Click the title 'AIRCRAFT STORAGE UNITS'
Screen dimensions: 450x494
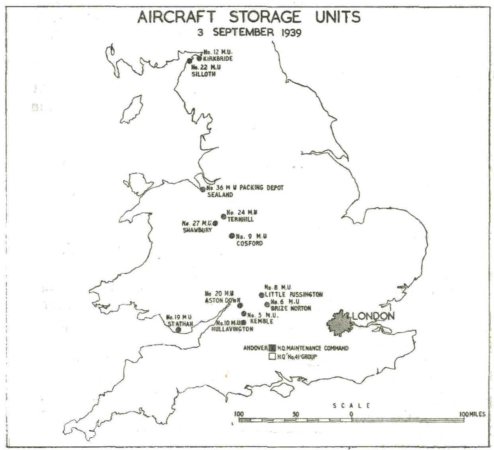pos(249,17)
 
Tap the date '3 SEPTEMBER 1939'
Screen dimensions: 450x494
pos(249,32)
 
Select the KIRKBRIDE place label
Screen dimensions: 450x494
pos(218,59)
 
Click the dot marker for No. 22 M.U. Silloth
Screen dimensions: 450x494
pos(190,61)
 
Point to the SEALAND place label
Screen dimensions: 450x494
pos(220,195)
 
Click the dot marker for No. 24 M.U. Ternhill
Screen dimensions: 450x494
pos(223,216)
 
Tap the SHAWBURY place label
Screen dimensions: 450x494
pos(197,230)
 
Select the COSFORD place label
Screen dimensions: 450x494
pos(249,243)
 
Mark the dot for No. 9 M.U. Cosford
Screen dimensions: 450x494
pos(232,236)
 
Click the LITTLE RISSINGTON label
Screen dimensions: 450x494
pos(294,295)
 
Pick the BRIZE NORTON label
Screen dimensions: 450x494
pos(291,308)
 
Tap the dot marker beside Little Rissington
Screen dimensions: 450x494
pos(261,295)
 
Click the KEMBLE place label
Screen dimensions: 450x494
pos(261,321)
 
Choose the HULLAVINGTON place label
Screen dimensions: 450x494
pos(232,329)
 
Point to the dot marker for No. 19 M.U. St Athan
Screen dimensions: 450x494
pos(178,330)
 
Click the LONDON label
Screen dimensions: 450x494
pos(373,316)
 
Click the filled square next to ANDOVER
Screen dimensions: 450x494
pos(272,348)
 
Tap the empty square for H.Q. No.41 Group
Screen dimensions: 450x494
pos(272,357)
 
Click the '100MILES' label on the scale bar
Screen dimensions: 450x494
pos(472,414)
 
